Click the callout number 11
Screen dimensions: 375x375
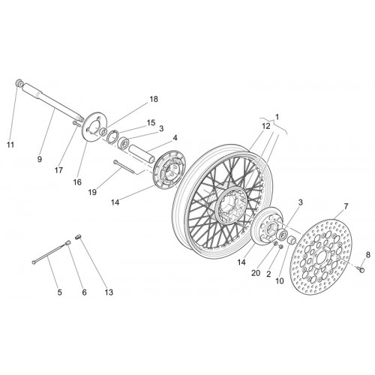(x=10, y=145)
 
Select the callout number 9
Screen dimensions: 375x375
(x=40, y=159)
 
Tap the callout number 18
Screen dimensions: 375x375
(x=154, y=99)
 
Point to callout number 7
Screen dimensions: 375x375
(x=346, y=206)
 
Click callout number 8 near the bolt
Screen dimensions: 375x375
(x=367, y=255)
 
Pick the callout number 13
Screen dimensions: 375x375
(x=109, y=292)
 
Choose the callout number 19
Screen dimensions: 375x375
(x=92, y=192)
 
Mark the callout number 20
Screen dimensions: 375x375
(x=256, y=273)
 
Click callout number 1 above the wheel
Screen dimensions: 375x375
(x=277, y=117)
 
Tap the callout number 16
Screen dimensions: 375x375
(x=77, y=182)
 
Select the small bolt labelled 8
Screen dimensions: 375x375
(x=361, y=269)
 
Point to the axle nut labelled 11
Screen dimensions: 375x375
(x=19, y=82)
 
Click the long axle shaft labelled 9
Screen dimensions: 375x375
(x=52, y=102)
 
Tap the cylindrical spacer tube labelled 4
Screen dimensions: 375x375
(x=141, y=154)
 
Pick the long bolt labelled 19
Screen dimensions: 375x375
(x=125, y=166)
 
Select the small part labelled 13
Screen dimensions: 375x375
(x=78, y=237)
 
